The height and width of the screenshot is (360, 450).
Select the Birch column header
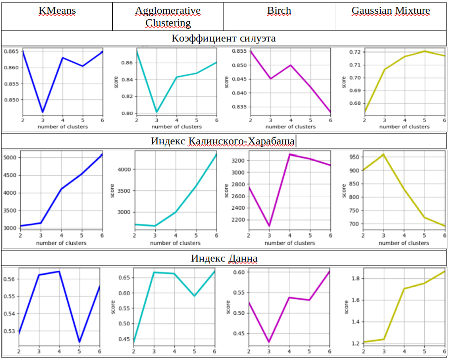pos(279,11)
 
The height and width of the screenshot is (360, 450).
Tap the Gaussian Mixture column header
pos(391,11)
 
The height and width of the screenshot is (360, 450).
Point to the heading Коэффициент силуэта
pos(224,38)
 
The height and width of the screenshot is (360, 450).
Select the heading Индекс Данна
pos(224,258)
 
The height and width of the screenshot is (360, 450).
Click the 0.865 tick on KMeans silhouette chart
pos(10,51)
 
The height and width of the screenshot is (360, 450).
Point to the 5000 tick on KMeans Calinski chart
pos(10,158)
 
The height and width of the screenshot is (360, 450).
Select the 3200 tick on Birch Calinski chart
pos(238,161)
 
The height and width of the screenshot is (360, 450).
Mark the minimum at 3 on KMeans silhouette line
pos(43,112)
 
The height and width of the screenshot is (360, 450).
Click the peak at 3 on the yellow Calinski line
pos(383,154)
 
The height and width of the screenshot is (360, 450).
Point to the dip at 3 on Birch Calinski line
pos(269,226)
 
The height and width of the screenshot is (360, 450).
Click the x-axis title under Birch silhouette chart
pos(290,127)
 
